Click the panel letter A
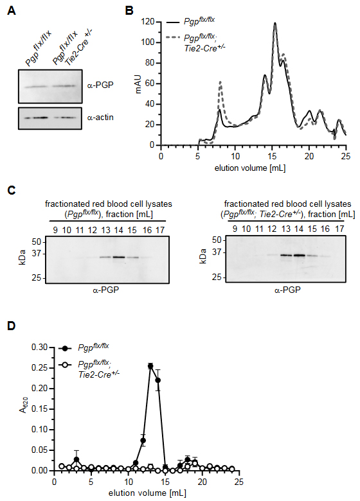coord(11,10)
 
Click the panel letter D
coord(11,326)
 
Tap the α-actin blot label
coord(100,118)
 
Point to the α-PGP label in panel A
coord(100,85)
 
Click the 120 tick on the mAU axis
coord(149,22)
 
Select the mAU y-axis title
coord(138,83)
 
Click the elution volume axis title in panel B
coord(250,168)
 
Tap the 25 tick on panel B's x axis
coord(346,156)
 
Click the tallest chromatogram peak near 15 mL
coord(274,23)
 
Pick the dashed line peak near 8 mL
coord(221,82)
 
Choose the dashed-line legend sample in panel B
coord(173,37)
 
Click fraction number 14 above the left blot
coord(119,230)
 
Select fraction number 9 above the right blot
coord(235,229)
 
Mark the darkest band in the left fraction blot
coord(119,257)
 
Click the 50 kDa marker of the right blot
coord(217,240)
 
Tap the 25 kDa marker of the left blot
coord(37,278)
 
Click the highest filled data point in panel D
coord(150,366)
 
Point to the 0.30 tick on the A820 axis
coord(39,347)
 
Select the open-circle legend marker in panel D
coord(65,366)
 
